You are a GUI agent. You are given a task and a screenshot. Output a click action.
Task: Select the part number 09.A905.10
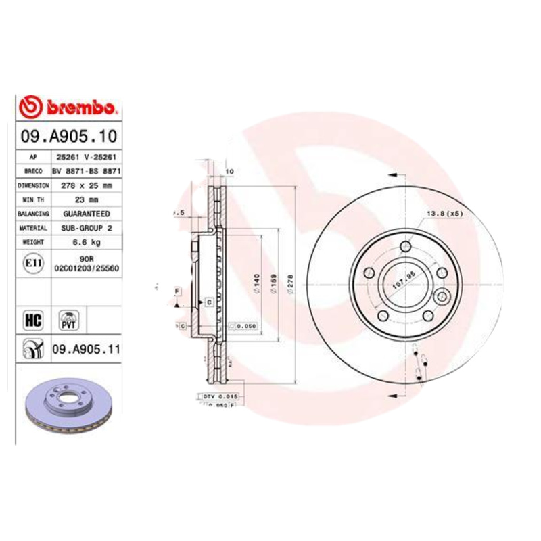click(x=68, y=136)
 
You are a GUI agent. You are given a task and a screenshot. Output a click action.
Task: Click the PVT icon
click(x=68, y=319)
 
